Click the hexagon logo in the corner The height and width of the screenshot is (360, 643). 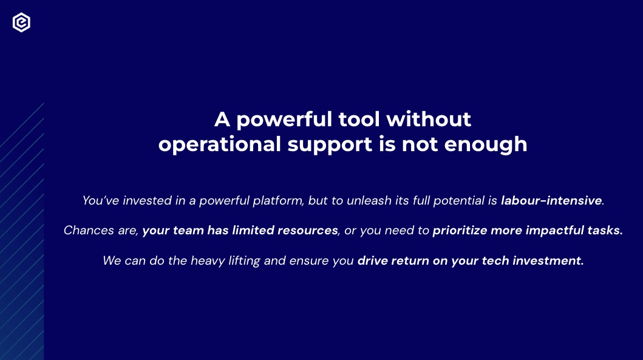21,22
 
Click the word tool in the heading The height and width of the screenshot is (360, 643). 359,120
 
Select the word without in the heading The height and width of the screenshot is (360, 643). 429,120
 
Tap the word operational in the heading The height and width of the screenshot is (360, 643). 220,144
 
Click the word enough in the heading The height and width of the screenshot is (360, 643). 486,144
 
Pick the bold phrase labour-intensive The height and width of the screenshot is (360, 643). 551,200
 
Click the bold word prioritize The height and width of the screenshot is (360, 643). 460,231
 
